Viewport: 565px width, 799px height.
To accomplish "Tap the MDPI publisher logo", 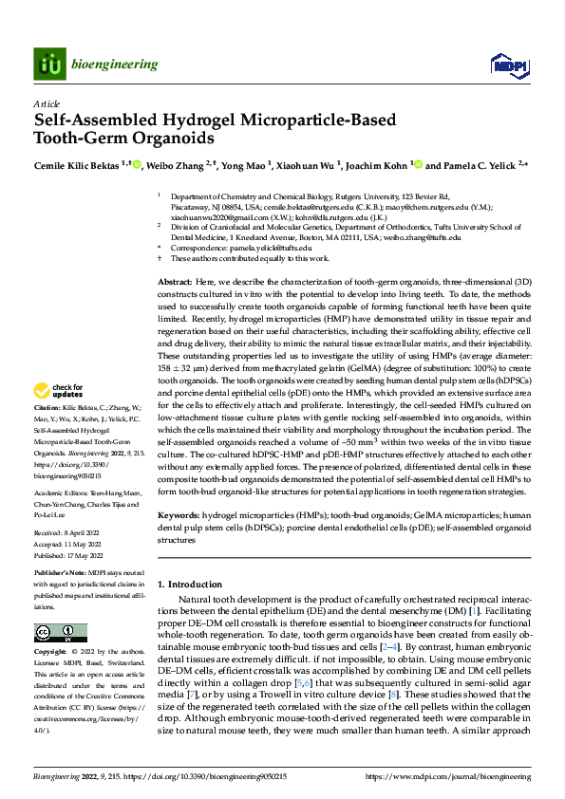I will tap(504, 65).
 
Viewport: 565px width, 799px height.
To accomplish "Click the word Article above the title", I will tap(46, 103).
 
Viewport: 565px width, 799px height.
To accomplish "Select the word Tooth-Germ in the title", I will tap(77, 138).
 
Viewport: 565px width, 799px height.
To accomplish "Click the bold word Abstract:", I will tap(174, 284).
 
